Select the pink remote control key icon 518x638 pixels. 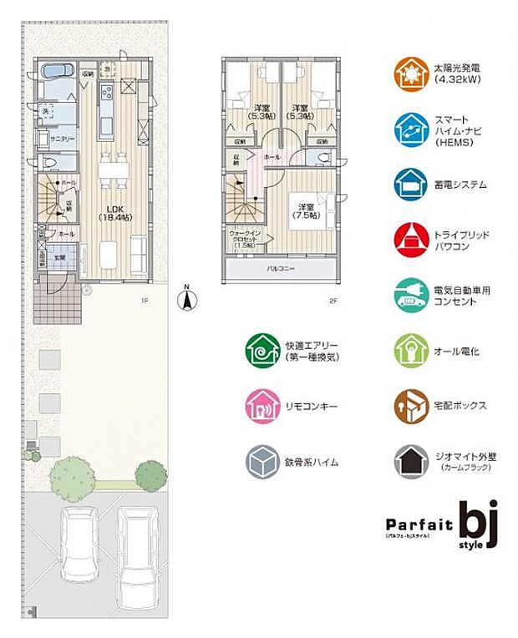point(263,406)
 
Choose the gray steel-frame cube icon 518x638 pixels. point(263,461)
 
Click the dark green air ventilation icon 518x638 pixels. point(263,351)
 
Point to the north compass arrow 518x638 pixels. point(188,299)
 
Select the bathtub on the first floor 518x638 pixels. point(55,72)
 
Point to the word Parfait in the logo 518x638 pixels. point(418,524)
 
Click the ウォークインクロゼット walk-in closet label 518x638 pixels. point(244,238)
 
